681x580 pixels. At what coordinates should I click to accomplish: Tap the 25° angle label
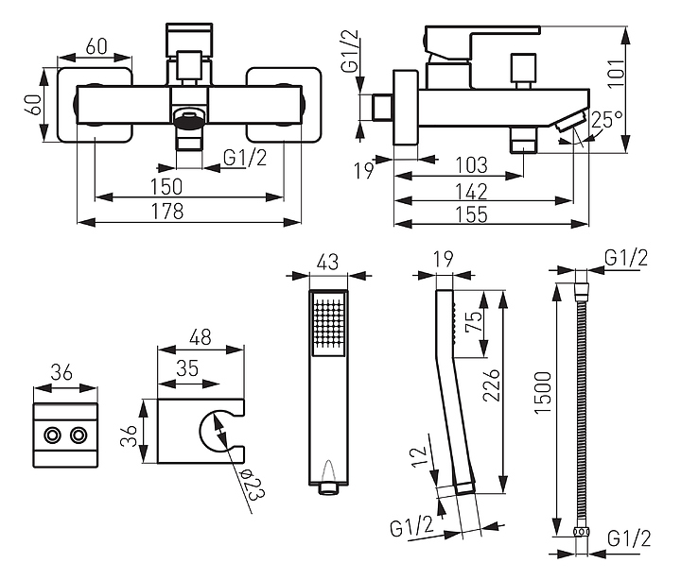point(606,120)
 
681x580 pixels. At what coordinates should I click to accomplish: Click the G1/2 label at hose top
point(626,257)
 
